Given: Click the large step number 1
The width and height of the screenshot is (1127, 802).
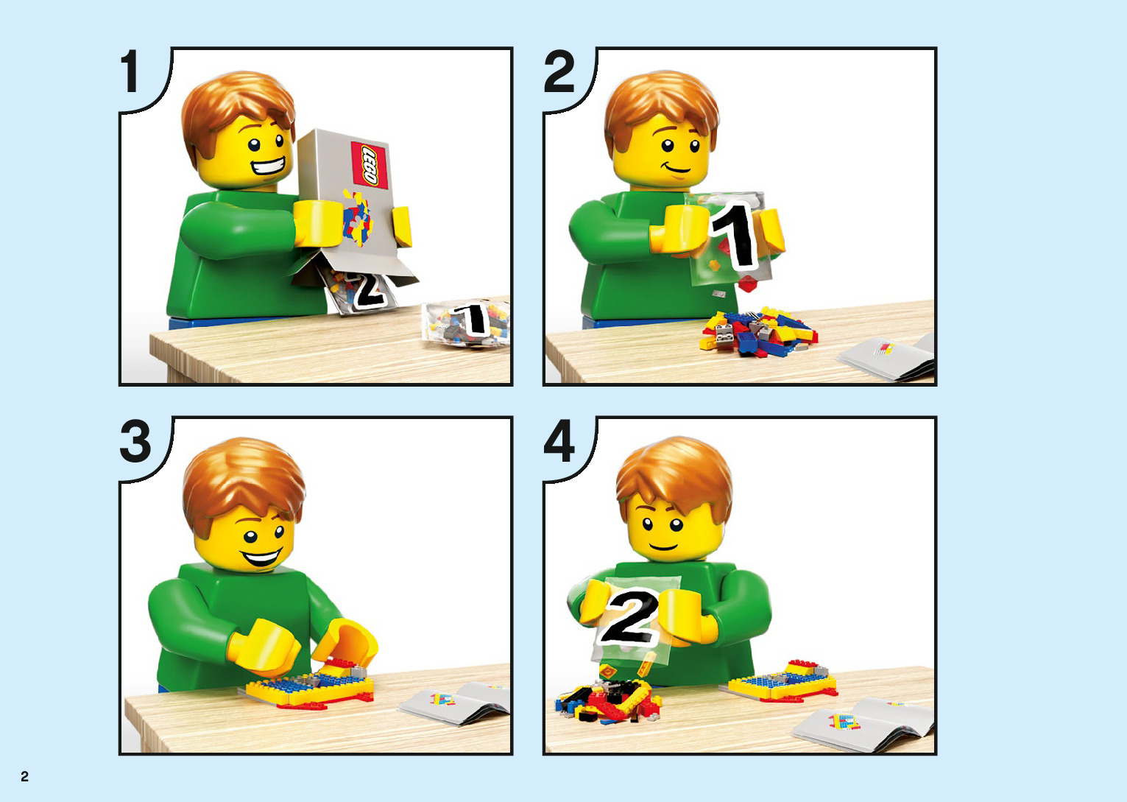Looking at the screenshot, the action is click(131, 71).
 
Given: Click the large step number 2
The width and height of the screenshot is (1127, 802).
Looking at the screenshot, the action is click(559, 71).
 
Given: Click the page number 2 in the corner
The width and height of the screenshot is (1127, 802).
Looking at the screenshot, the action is click(24, 776).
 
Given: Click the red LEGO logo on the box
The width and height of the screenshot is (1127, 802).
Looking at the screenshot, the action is click(370, 165).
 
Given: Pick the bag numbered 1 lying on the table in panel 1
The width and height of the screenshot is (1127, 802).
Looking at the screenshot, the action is click(466, 325).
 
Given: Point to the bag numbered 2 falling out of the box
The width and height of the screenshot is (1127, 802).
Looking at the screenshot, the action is click(360, 291).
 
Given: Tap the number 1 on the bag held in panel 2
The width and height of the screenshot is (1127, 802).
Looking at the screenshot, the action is click(735, 236).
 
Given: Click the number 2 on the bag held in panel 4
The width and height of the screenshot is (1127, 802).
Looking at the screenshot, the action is click(629, 616).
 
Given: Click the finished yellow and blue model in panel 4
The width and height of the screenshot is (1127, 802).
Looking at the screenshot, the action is click(782, 680).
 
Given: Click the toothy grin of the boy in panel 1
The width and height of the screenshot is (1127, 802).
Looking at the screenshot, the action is click(268, 166).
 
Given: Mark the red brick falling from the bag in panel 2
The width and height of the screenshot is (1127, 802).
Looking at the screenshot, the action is click(749, 284).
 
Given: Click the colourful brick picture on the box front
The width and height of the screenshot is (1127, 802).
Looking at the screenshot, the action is click(357, 217).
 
